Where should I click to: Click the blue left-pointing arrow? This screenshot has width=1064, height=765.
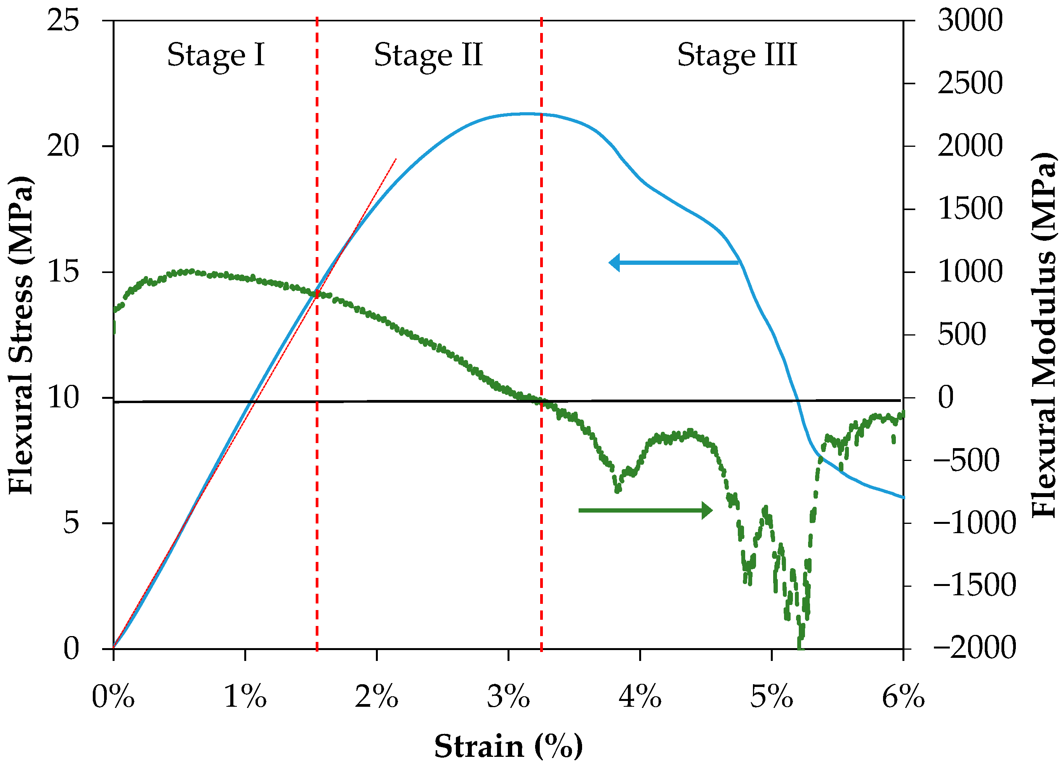click(673, 263)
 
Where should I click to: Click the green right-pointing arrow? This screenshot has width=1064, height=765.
click(645, 510)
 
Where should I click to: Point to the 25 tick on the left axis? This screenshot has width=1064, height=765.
click(63, 21)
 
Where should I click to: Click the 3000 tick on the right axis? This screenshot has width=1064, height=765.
click(970, 21)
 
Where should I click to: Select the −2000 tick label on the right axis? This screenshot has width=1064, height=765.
click(974, 648)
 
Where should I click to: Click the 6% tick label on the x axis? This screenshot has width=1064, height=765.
click(903, 697)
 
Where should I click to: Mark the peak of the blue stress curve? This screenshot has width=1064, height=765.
click(528, 113)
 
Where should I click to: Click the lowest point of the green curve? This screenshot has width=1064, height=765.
click(800, 647)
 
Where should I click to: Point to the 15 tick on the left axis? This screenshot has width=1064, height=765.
click(63, 272)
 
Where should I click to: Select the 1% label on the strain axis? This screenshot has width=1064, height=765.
click(245, 697)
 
